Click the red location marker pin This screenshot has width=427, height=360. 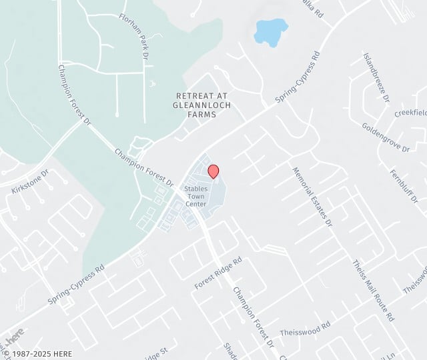[x=213, y=171]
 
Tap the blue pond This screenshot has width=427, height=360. [x=270, y=30]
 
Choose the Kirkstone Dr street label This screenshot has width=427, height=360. [x=31, y=182]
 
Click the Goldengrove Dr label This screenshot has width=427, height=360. [x=386, y=137]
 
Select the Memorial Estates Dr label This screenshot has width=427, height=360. [x=312, y=197]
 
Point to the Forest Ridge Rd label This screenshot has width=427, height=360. [x=218, y=274]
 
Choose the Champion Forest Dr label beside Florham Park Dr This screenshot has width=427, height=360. [x=73, y=94]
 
